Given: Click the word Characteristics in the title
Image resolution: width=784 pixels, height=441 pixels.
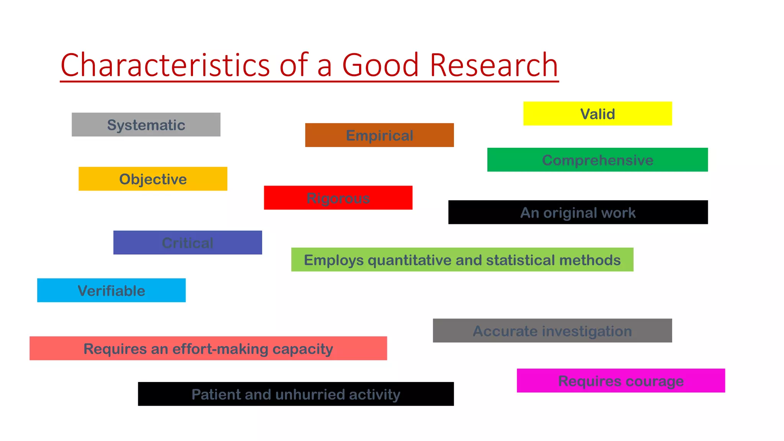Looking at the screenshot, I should [165, 65].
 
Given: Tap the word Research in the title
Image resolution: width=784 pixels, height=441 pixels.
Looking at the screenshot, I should [493, 65].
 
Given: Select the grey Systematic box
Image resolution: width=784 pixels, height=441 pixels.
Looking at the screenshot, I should [146, 125].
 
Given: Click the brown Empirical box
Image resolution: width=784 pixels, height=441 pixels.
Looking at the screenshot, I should [379, 135].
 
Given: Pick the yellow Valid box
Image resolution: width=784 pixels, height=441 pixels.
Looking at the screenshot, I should [597, 114].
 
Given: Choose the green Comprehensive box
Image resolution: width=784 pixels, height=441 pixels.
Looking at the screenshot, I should [597, 160].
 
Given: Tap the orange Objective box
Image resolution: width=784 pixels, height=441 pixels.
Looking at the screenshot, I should [153, 179].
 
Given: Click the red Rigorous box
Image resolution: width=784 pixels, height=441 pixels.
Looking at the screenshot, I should [338, 198].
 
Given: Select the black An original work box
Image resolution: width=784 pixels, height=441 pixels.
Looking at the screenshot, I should [578, 212].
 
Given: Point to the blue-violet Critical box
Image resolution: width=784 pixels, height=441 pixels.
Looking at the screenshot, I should [188, 243].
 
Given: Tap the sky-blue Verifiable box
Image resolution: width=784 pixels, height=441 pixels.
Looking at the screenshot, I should [111, 291].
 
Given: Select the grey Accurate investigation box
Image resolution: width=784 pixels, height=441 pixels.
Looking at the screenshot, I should [552, 331].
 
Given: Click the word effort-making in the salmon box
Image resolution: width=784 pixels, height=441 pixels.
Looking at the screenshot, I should [220, 349].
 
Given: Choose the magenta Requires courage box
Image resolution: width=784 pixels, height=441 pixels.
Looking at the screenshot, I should [621, 381].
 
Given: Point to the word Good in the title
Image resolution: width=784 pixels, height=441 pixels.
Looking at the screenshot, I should [380, 65].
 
